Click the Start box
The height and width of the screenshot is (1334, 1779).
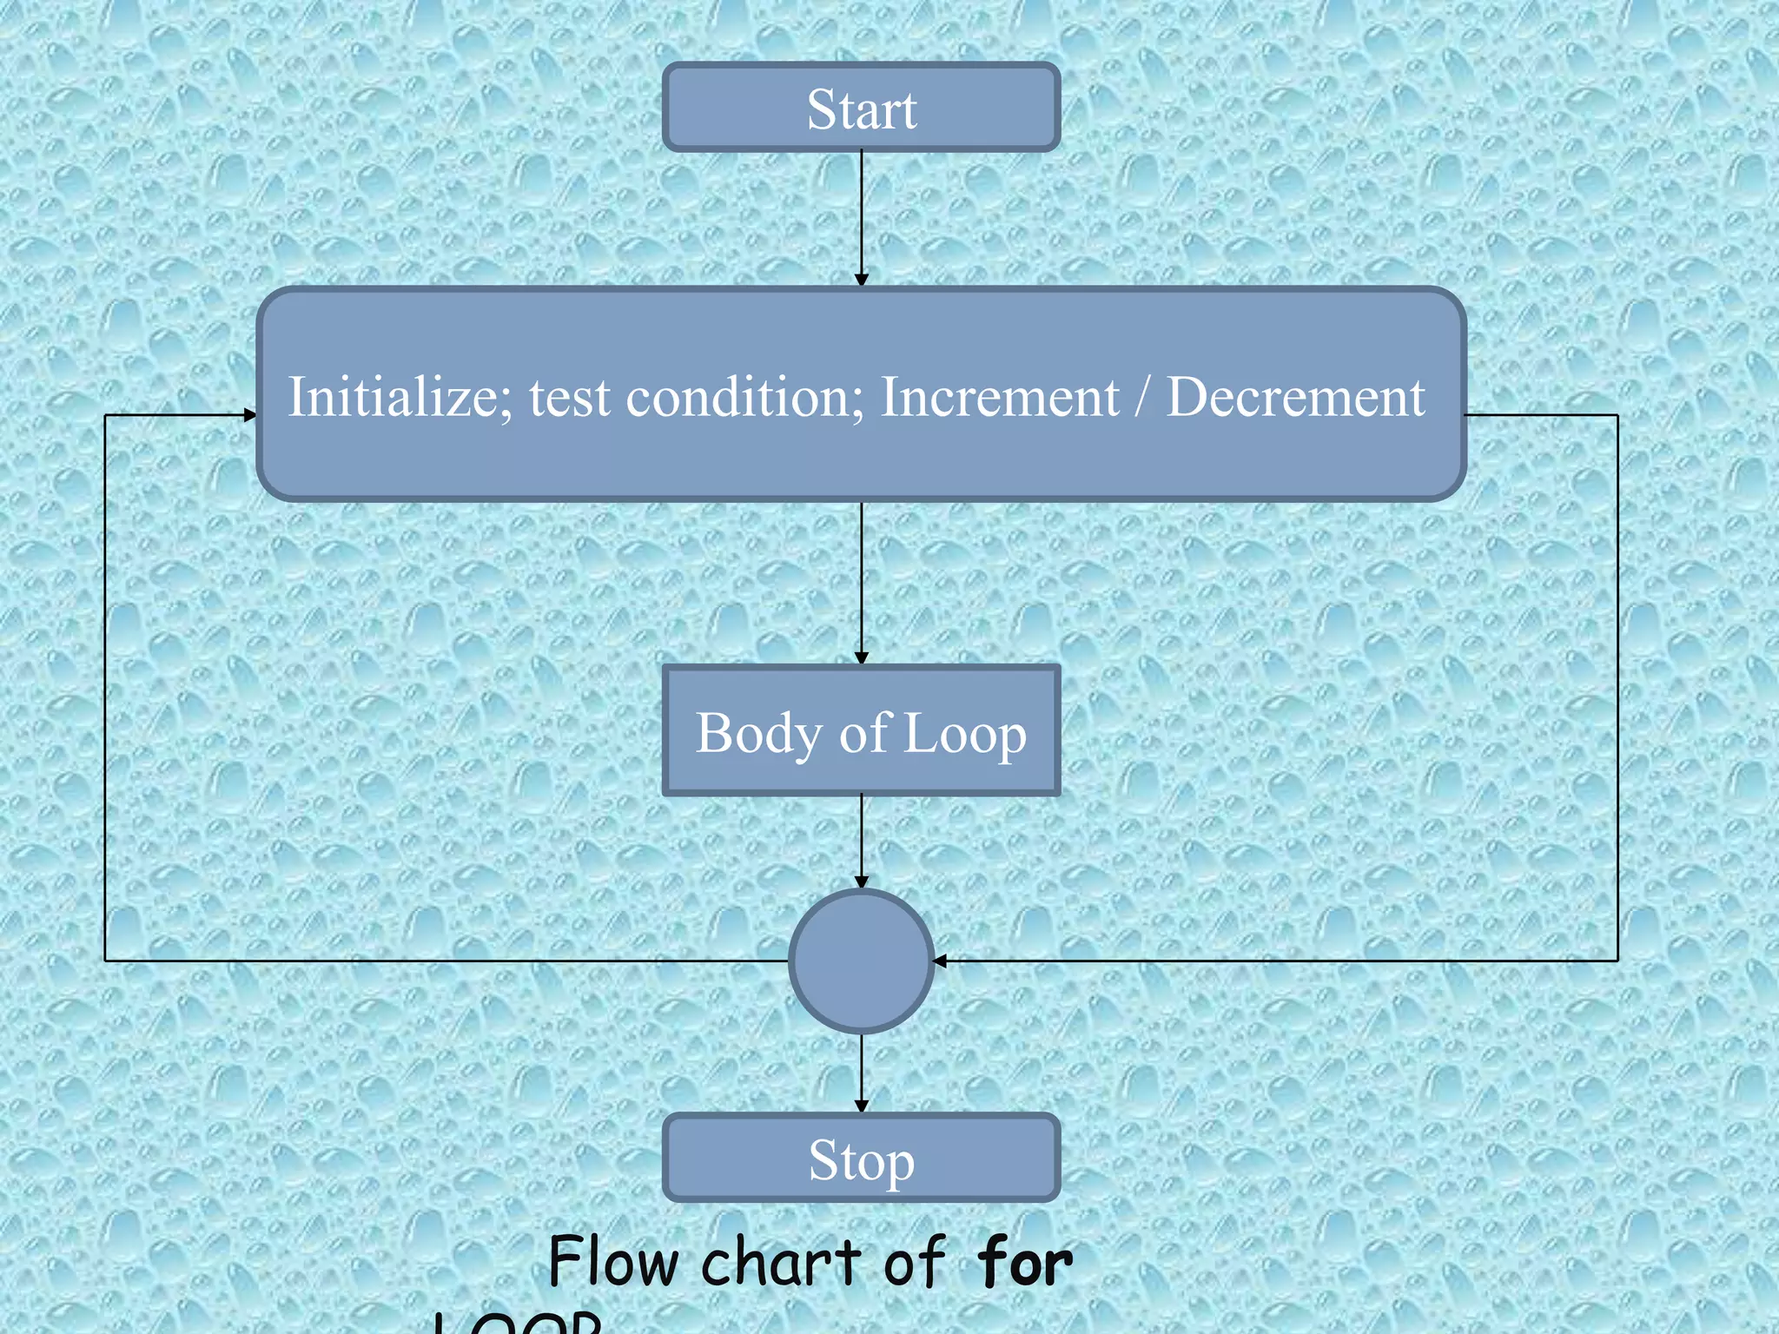pos(861,108)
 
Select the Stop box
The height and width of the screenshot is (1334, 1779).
pos(861,1158)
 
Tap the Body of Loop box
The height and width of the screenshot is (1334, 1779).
pos(861,730)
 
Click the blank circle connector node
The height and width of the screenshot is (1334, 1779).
pos(861,961)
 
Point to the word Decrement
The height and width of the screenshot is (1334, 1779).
pos(1294,397)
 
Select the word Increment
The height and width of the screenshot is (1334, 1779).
pos(1000,397)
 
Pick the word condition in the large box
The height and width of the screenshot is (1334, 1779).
pos(744,397)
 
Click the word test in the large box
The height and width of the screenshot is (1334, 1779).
pos(570,399)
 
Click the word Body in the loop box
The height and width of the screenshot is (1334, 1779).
pos(758,734)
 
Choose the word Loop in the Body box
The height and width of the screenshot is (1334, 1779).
pos(964,734)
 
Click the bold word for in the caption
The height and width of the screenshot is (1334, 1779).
pos(1024,1262)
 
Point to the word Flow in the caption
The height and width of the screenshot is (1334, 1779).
pos(613,1262)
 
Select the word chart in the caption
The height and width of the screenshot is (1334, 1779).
pos(782,1262)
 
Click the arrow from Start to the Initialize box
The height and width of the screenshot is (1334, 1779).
pos(861,217)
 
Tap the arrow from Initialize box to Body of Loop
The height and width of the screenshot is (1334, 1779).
pos(861,582)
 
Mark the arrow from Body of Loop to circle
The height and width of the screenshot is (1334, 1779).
pos(861,840)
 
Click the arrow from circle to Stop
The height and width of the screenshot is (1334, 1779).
pos(861,1073)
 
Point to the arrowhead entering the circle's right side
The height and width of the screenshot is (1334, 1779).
pos(940,961)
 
